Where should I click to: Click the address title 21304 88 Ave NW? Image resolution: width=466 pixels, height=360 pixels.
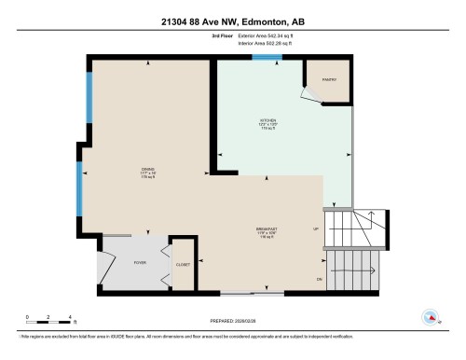pos(233,21)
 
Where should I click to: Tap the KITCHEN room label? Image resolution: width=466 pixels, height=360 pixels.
pos(268,121)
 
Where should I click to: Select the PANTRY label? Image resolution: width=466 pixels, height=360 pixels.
pos(329,79)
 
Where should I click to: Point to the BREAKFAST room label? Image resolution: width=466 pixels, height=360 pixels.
pos(268,228)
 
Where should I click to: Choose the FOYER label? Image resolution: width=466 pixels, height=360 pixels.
pos(140,263)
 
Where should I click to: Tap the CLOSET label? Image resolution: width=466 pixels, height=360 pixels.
pos(184,265)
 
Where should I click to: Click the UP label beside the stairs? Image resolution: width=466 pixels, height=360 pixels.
pos(316,228)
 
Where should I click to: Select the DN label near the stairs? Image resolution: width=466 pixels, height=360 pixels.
pos(319,278)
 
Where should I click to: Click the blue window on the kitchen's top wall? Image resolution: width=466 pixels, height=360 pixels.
pos(268,58)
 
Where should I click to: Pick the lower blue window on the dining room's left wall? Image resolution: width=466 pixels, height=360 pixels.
pos(80,185)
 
